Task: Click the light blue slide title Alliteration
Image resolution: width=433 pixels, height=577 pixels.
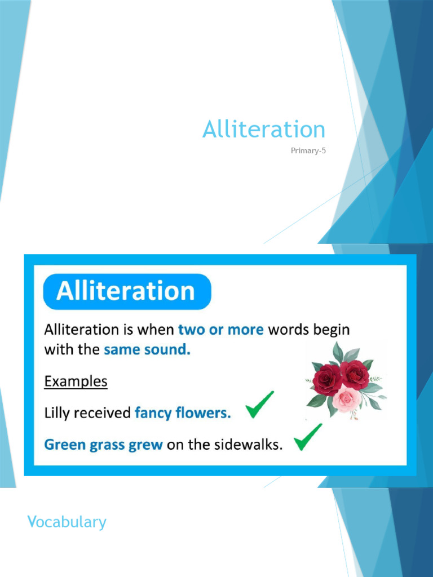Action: [x=264, y=130]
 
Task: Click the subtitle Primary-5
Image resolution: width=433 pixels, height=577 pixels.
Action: [x=308, y=150]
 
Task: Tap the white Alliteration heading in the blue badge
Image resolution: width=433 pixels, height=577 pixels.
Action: [x=125, y=291]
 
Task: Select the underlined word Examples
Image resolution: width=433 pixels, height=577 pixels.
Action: [x=76, y=381]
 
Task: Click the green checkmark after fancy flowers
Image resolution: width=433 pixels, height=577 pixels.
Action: [x=260, y=405]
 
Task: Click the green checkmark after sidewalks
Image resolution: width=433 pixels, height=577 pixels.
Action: [x=308, y=437]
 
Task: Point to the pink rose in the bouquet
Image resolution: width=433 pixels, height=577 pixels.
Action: [x=347, y=399]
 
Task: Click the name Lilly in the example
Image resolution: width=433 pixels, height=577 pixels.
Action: [x=56, y=414]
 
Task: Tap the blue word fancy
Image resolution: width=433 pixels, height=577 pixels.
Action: [x=152, y=414]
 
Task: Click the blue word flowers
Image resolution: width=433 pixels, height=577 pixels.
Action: [x=202, y=414]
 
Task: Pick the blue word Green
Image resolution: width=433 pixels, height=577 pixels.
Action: [x=64, y=445]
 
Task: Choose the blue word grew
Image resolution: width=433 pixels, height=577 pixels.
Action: [x=145, y=445]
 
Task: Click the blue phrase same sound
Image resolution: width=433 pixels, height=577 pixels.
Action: [x=147, y=349]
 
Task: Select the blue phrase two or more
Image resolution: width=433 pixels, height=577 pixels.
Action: [x=220, y=330]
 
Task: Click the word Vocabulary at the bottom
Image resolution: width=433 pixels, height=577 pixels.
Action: [x=67, y=522]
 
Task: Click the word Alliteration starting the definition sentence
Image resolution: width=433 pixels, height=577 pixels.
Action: [x=82, y=330]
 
